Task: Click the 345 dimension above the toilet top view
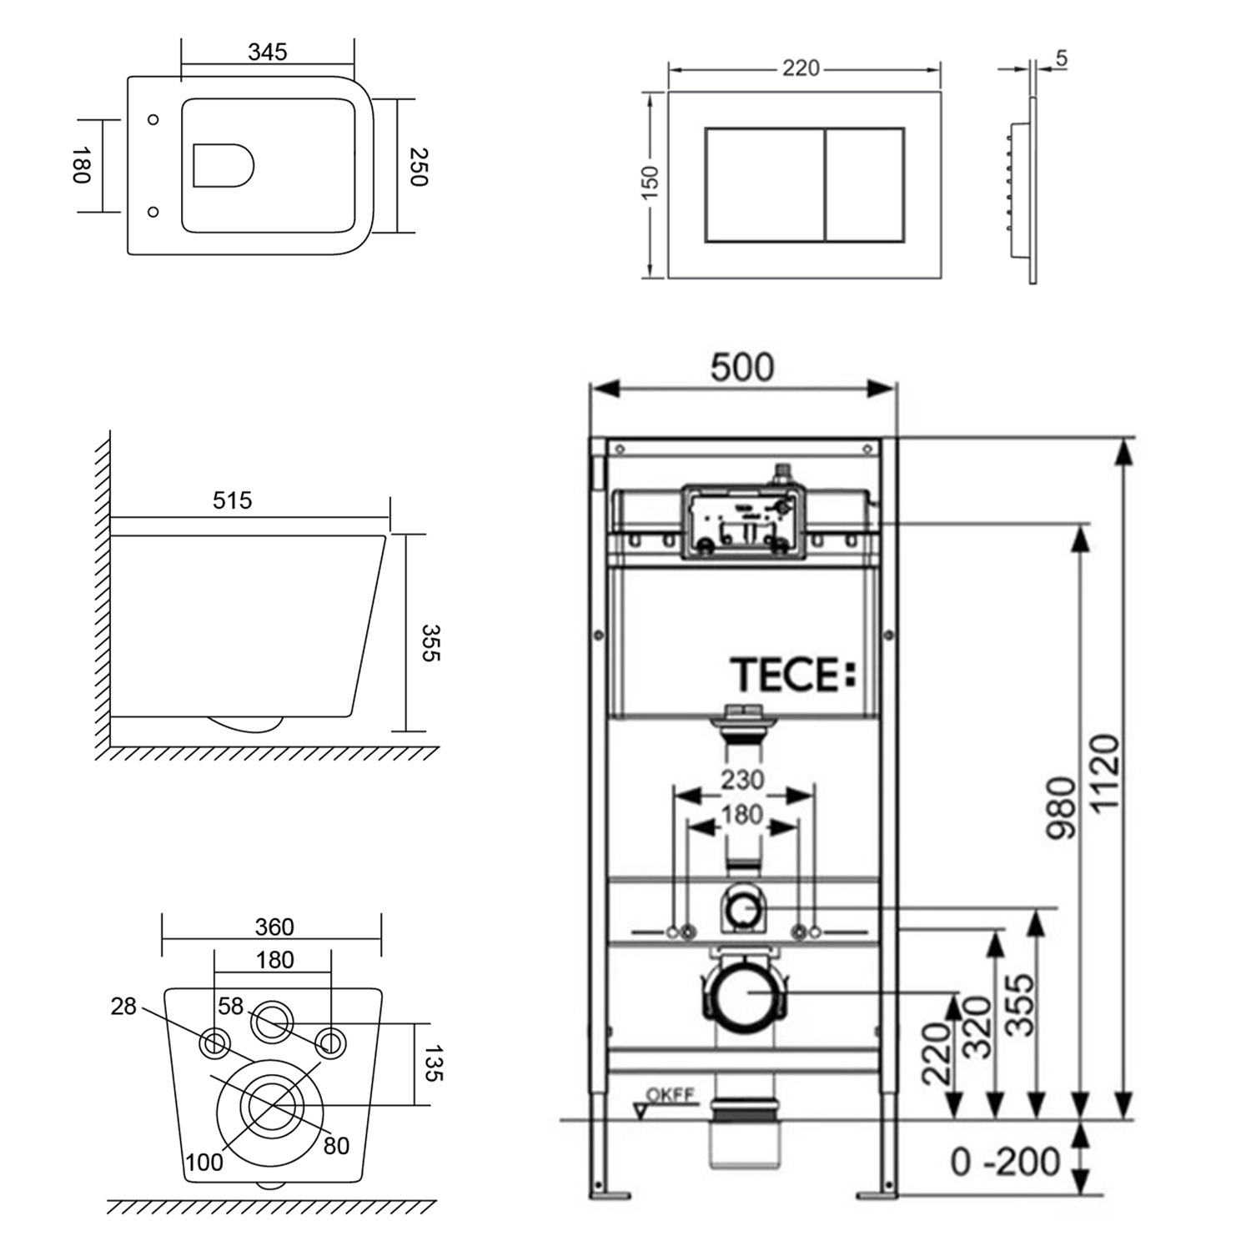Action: click(268, 52)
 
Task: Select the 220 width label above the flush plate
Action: click(801, 68)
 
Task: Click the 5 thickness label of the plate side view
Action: click(1061, 59)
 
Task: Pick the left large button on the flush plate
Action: click(765, 185)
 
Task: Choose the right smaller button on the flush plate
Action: click(865, 185)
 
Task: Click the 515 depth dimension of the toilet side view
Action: click(232, 500)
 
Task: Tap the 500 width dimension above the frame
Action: click(742, 368)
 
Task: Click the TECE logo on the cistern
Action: click(793, 675)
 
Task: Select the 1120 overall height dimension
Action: click(1104, 774)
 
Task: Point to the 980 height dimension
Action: click(1062, 807)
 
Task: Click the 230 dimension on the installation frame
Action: click(742, 780)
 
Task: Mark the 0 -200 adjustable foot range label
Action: click(1005, 1161)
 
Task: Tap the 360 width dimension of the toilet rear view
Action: click(274, 927)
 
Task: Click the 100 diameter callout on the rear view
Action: click(204, 1161)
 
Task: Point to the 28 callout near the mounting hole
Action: click(123, 1007)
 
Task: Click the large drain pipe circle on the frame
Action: click(747, 993)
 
